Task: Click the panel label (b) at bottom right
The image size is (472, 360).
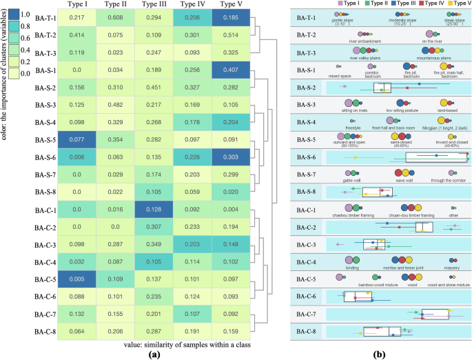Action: (x=378, y=354)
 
